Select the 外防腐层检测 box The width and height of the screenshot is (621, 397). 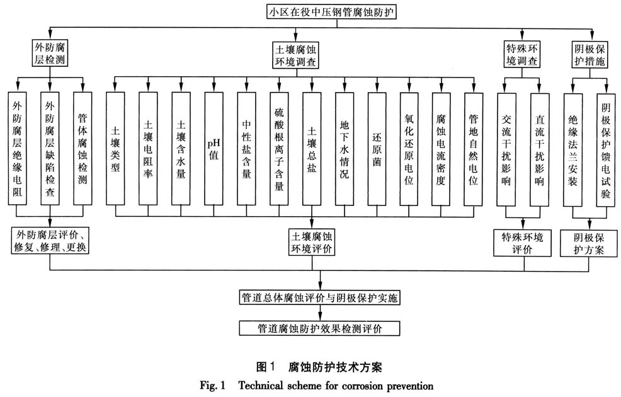[50, 54]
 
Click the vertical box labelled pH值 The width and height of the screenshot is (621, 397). [213, 148]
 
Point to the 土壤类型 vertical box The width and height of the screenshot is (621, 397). [115, 148]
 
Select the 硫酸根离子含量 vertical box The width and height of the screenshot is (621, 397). [278, 148]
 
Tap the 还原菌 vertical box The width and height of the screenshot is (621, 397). [377, 148]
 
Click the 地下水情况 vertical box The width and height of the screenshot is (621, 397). [344, 148]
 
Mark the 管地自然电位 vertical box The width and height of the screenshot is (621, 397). [474, 148]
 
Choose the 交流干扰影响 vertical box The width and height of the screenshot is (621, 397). [507, 148]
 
